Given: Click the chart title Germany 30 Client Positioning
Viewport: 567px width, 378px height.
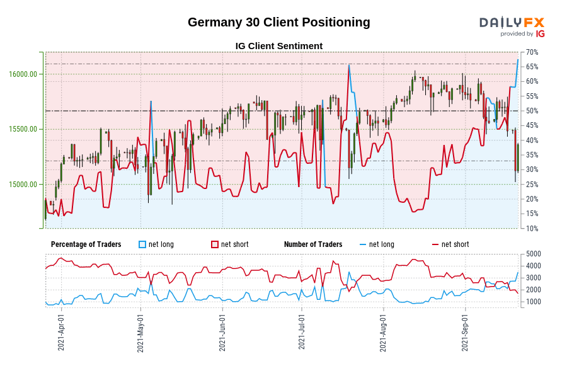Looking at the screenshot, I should [278, 22].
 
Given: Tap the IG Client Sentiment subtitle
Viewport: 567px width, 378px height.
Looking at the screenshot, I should [278, 46].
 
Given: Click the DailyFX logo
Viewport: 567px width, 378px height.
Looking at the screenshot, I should [512, 26].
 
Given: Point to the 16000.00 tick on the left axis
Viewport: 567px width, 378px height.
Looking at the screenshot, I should [23, 74].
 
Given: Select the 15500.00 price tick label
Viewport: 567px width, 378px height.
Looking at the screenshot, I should [23, 129].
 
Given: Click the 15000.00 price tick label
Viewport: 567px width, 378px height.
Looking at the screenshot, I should [23, 185].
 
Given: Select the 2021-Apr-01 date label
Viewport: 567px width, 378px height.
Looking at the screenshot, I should [61, 333].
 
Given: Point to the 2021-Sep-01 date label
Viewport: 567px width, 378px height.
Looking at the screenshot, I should [465, 333].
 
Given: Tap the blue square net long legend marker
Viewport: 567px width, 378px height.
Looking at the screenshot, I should [142, 244].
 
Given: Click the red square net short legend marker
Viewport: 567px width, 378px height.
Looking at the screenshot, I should [215, 244].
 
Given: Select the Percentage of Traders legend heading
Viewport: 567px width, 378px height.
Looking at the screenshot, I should [86, 244].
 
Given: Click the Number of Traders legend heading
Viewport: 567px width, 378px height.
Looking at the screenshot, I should [313, 244].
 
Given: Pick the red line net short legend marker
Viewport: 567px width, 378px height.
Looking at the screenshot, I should [435, 244].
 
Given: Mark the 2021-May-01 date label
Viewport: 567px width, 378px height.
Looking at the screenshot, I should [140, 333].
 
